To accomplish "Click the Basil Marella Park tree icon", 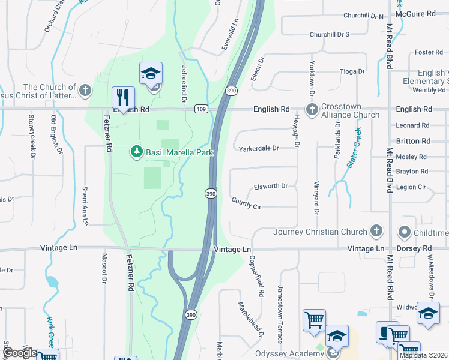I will pyautogui.click(x=137, y=152).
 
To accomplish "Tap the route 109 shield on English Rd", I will pyautogui.click(x=201, y=109).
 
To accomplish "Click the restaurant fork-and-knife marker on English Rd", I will pyautogui.click(x=123, y=98).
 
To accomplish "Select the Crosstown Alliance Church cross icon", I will pyautogui.click(x=312, y=110).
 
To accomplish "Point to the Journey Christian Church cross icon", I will pyautogui.click(x=376, y=231).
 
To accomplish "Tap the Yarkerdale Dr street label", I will pyautogui.click(x=259, y=148).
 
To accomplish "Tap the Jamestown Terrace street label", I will pyautogui.click(x=279, y=306).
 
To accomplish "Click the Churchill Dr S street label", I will pyautogui.click(x=329, y=35).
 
